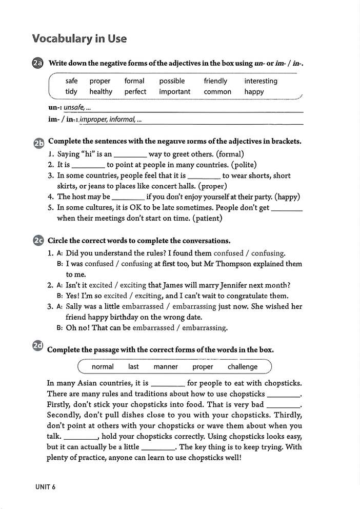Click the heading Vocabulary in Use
[79, 38]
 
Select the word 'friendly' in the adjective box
[215, 81]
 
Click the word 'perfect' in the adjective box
[135, 92]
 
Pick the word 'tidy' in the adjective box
[71, 92]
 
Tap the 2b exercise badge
[38, 143]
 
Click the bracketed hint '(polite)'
[244, 165]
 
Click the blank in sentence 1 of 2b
[130, 154]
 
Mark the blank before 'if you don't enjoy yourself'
[128, 197]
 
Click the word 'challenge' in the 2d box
[243, 367]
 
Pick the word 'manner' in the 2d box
[166, 367]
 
